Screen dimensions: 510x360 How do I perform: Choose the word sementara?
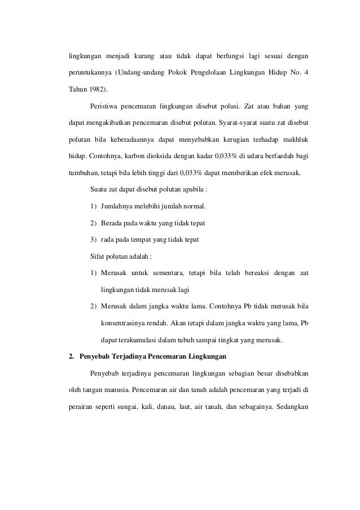pos(166,274)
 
